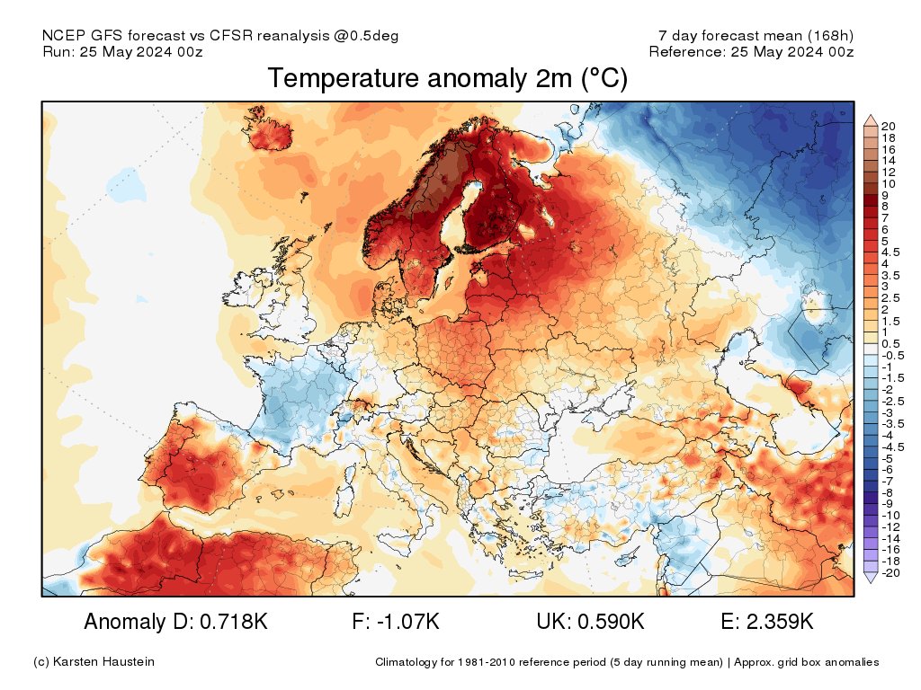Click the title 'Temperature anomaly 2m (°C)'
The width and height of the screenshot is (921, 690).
447,80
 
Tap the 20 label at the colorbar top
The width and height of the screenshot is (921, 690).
889,125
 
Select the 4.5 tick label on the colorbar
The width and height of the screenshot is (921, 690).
890,252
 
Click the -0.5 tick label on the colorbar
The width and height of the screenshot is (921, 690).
891,356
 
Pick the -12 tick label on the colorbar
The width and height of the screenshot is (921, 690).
891,526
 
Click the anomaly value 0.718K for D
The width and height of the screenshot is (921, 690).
225,622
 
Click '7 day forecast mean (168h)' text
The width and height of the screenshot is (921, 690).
756,35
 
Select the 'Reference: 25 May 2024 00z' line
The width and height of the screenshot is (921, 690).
751,51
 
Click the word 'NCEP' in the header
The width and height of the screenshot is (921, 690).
60,35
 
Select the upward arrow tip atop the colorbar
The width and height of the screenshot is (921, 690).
870,116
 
